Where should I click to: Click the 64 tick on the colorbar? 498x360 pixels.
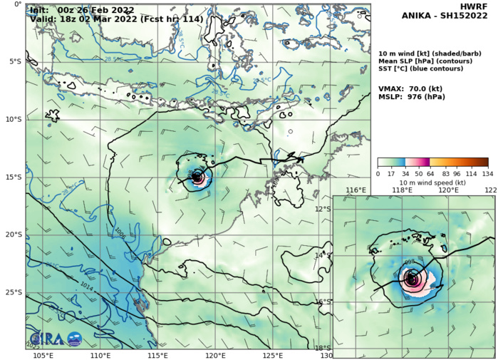418,173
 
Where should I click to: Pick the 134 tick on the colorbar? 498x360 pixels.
487,173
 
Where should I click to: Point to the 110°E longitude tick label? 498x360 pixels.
100,355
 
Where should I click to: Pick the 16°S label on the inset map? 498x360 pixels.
323,302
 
